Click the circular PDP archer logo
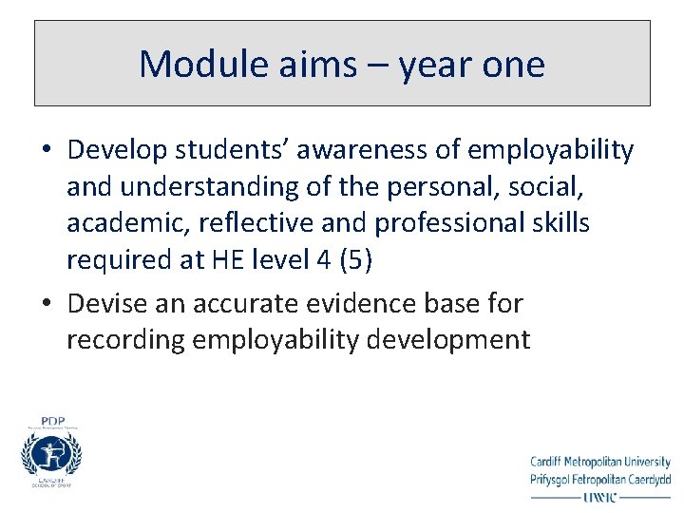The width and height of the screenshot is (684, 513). coord(51,454)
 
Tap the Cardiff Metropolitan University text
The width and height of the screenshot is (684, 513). coord(599,463)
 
